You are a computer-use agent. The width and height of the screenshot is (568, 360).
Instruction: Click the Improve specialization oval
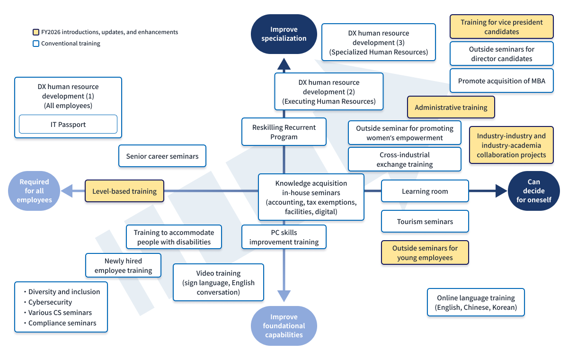pos(284,34)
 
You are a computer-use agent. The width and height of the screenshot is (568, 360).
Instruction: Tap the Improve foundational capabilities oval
pos(284,326)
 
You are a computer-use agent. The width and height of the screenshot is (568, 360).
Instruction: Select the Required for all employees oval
pos(34,191)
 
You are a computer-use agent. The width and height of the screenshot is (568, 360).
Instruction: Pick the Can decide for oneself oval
pos(534,191)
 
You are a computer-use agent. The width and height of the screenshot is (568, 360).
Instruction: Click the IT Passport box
pos(68,124)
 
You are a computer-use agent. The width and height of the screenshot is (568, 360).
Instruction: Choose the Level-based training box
pos(124,191)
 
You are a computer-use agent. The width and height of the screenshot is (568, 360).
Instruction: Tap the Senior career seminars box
pos(162,156)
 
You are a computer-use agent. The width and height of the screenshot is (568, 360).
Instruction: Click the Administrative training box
pos(451,108)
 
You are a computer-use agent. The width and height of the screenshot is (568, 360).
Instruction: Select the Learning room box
pos(425,191)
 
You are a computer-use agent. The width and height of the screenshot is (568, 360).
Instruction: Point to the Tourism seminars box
pos(425,221)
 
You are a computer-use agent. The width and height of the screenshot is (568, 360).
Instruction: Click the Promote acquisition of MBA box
pos(502,81)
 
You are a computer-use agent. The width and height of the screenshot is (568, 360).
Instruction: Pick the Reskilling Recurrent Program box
pos(284,132)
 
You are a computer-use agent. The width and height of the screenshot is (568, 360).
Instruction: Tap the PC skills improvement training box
pos(284,237)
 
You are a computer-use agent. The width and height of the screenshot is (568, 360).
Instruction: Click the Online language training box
pos(476,302)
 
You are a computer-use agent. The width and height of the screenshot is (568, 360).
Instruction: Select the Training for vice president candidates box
pos(502,27)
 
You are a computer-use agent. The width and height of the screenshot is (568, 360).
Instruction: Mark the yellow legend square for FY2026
pos(36,32)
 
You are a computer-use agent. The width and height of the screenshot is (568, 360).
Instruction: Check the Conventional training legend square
pos(36,44)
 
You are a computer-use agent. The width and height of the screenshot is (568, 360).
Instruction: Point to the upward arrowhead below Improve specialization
pos(284,64)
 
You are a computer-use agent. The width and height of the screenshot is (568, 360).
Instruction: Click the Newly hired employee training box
pos(123,265)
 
